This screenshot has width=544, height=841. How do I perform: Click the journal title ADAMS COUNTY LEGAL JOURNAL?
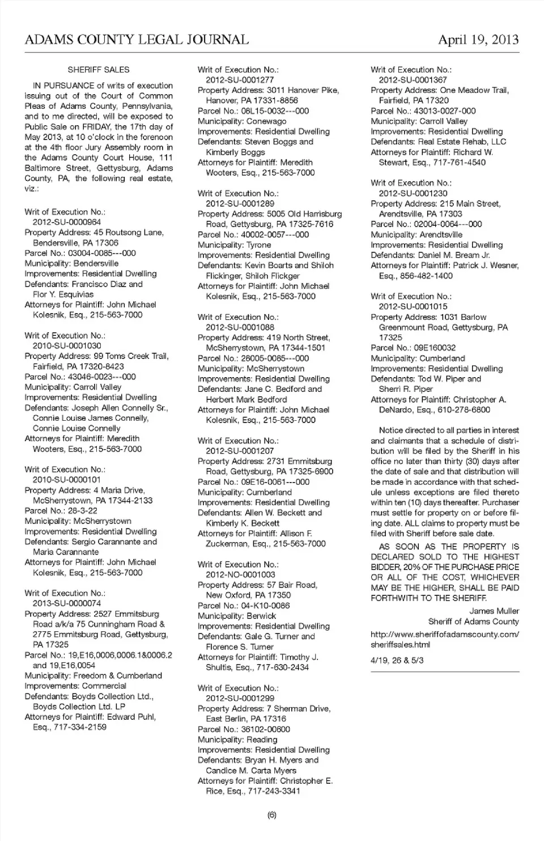point(137,40)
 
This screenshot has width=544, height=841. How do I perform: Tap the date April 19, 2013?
point(478,40)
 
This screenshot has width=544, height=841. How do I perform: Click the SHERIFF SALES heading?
point(99,70)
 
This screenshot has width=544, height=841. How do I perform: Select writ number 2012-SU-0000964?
point(67,222)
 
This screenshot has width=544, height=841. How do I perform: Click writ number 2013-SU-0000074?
point(67,603)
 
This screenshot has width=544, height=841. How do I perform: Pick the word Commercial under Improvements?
point(101,686)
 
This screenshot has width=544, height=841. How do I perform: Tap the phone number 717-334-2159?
point(80,727)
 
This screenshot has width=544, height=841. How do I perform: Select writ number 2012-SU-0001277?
point(240,80)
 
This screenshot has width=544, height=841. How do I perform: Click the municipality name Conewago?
point(266,121)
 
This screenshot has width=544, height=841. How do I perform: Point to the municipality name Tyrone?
point(258,245)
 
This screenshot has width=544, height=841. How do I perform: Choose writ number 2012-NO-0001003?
point(240,574)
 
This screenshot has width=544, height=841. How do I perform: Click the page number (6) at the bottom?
point(271,815)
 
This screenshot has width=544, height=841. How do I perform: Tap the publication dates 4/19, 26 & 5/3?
point(397,660)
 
